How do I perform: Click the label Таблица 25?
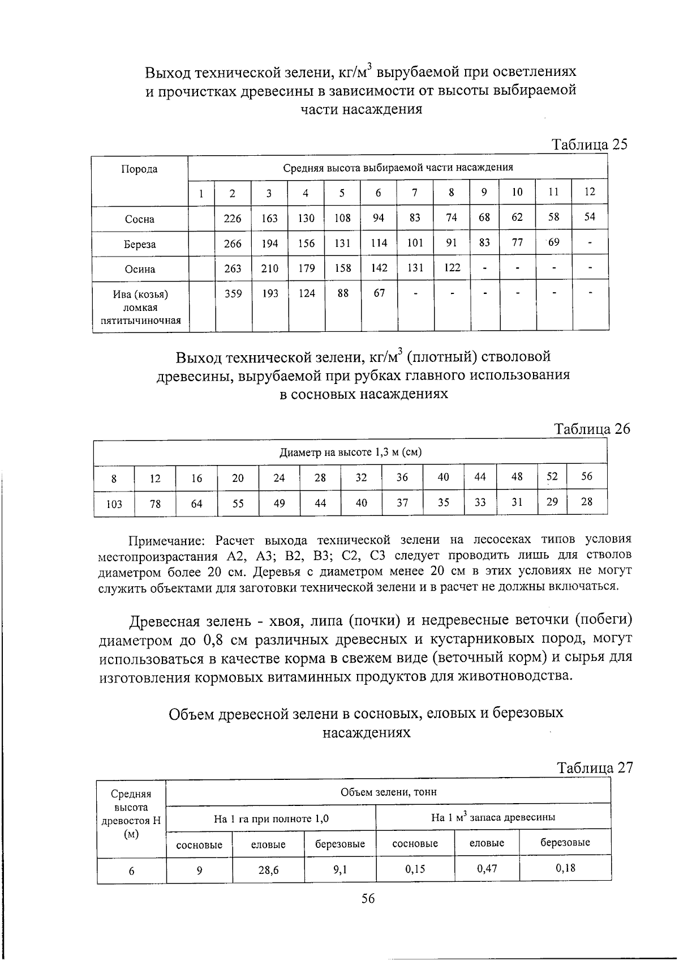(x=590, y=144)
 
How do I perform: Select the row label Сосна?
(x=139, y=219)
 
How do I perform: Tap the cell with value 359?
(x=233, y=293)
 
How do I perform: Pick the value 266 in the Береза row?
(x=233, y=244)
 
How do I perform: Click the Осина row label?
(x=139, y=269)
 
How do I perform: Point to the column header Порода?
(x=139, y=169)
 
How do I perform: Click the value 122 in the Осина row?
(x=452, y=267)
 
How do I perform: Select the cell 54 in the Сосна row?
(x=590, y=217)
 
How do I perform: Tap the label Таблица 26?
(x=592, y=429)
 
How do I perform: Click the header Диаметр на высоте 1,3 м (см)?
(x=351, y=452)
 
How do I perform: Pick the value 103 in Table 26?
(x=114, y=504)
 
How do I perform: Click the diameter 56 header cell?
(x=587, y=476)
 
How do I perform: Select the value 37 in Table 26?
(x=402, y=502)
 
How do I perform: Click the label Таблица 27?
(x=594, y=768)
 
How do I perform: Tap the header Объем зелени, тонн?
(x=388, y=791)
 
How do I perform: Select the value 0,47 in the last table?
(x=487, y=868)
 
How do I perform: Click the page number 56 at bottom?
(x=368, y=899)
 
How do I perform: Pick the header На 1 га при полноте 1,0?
(x=271, y=818)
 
